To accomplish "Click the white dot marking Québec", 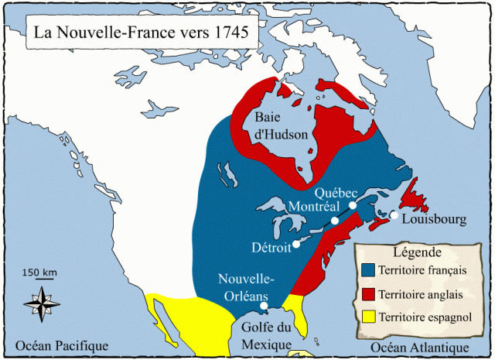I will (x=353, y=205).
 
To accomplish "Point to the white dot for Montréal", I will (x=335, y=221).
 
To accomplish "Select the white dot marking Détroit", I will (x=295, y=247).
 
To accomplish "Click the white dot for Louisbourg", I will (x=394, y=215).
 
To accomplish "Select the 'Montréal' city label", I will (x=312, y=207).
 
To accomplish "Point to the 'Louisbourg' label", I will (x=435, y=220).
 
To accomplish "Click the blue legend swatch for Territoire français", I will (x=368, y=270).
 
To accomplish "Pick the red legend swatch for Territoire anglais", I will (x=368, y=294).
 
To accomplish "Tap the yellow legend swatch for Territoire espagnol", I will (x=368, y=317).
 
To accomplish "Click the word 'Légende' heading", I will (x=418, y=252).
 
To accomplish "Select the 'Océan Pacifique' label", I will (x=56, y=345).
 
